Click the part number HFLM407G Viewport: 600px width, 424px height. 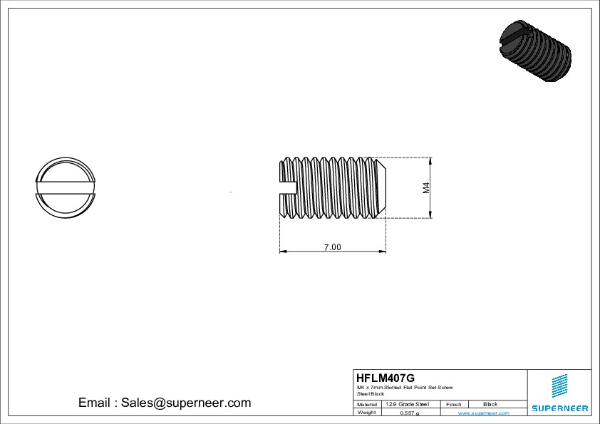[x=385, y=378]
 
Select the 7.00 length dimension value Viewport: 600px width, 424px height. [x=333, y=247]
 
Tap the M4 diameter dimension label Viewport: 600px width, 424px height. [x=426, y=188]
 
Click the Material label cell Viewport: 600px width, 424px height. [x=367, y=404]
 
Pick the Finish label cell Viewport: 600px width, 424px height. [x=453, y=404]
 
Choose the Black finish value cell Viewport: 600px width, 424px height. [x=490, y=404]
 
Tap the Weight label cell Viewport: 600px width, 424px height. [x=366, y=413]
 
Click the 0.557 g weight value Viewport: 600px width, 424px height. [x=410, y=413]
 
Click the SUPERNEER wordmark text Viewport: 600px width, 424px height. [x=559, y=408]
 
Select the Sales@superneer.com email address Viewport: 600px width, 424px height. [x=186, y=403]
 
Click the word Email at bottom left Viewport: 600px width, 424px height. [x=94, y=403]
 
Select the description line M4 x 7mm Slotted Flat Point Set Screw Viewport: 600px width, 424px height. [x=405, y=387]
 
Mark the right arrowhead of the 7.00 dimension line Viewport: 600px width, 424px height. [x=383, y=252]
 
